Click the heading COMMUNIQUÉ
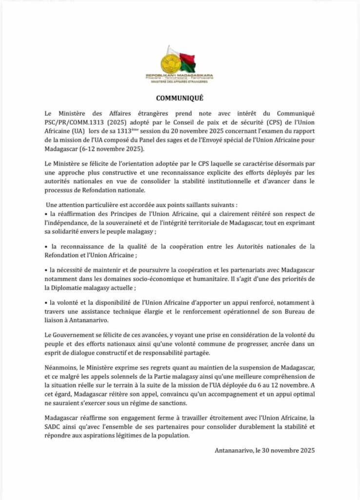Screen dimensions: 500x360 180,98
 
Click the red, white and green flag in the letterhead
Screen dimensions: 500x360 187,62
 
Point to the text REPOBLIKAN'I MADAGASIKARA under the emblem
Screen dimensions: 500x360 180,76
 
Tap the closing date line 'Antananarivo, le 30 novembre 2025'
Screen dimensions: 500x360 265,450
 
